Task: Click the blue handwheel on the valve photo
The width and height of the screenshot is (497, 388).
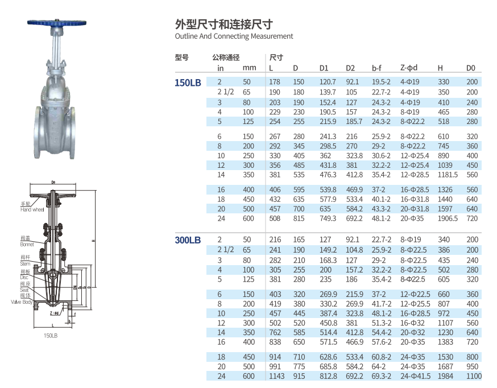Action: (57, 23)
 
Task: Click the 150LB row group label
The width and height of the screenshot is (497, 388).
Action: (188, 82)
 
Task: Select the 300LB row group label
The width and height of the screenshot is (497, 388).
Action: (188, 240)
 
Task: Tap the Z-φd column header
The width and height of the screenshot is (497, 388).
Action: (409, 68)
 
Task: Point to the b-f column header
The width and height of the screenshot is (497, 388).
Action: (376, 68)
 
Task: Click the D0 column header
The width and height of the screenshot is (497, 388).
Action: (471, 68)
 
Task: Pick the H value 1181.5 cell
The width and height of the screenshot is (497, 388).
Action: (448, 175)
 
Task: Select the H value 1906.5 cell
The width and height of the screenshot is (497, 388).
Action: (448, 218)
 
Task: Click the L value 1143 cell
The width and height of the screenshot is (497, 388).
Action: (277, 376)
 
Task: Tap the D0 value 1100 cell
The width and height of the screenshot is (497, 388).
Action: (474, 376)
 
